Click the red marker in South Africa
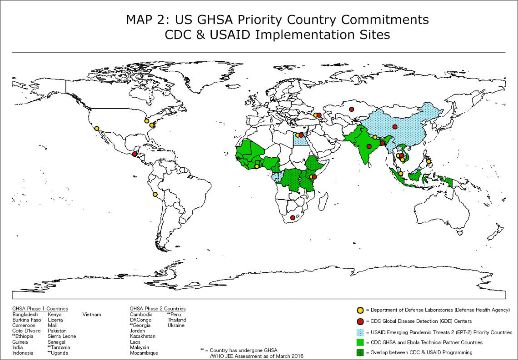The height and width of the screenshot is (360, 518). [x=293, y=218]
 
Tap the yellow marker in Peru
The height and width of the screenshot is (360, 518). [x=155, y=195]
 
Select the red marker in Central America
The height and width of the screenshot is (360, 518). [x=134, y=154]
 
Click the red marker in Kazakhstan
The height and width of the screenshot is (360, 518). [x=351, y=109]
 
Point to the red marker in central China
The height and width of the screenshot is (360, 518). [x=395, y=127]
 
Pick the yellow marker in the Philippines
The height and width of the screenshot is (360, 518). [x=428, y=161]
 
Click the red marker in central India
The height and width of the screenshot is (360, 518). [x=369, y=146]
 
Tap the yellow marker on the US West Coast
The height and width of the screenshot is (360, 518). [x=97, y=129]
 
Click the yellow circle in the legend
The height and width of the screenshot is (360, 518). [x=360, y=310]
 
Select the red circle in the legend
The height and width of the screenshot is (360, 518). [x=360, y=321]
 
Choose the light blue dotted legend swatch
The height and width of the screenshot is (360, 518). [x=360, y=332]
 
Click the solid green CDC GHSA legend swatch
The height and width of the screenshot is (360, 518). [x=360, y=342]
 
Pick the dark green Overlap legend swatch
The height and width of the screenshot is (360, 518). [x=360, y=352]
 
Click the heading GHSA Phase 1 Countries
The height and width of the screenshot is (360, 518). [x=40, y=309]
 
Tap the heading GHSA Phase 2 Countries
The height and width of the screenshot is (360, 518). [x=158, y=309]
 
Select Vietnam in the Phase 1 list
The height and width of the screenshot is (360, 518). [x=92, y=315]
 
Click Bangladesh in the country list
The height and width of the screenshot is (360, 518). [x=25, y=315]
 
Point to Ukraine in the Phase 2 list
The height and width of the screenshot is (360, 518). [x=176, y=325]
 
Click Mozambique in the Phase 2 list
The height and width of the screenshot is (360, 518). [x=144, y=353]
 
